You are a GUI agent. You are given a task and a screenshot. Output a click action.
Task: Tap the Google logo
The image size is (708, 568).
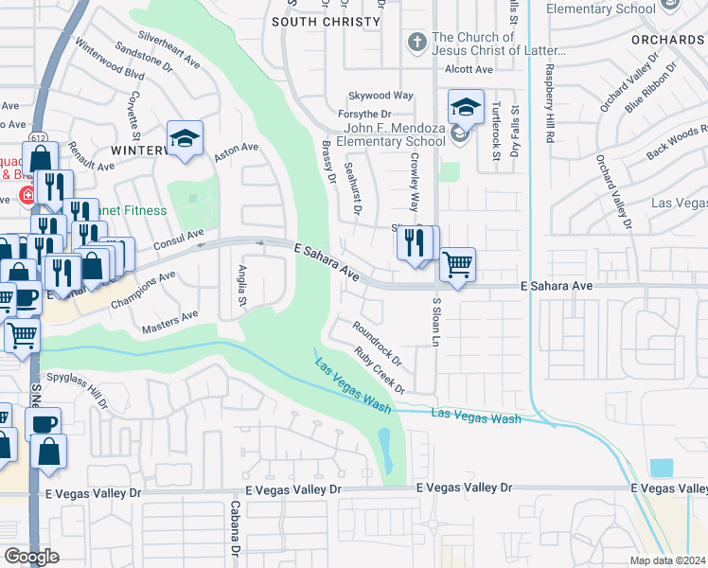pyautogui.click(x=30, y=557)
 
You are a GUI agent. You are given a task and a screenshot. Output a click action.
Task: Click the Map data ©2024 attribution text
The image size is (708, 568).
pyautogui.click(x=667, y=560)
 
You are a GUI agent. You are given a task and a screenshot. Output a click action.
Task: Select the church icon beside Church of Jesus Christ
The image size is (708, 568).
pyautogui.click(x=416, y=43)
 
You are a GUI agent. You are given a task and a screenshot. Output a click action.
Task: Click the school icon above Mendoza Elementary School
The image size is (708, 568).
pyautogui.click(x=466, y=109)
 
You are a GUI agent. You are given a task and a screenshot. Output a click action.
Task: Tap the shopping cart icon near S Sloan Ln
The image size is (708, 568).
pyautogui.click(x=457, y=264)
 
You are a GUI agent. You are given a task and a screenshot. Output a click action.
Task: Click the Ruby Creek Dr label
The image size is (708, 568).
pyautogui.click(x=380, y=370)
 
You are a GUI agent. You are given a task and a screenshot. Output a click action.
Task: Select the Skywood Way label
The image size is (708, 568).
pyautogui.click(x=381, y=96)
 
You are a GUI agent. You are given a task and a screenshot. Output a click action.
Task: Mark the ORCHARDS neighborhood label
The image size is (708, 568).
pyautogui.click(x=670, y=40)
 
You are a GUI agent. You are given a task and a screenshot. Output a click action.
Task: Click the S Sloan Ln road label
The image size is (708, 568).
pyautogui.click(x=436, y=321)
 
